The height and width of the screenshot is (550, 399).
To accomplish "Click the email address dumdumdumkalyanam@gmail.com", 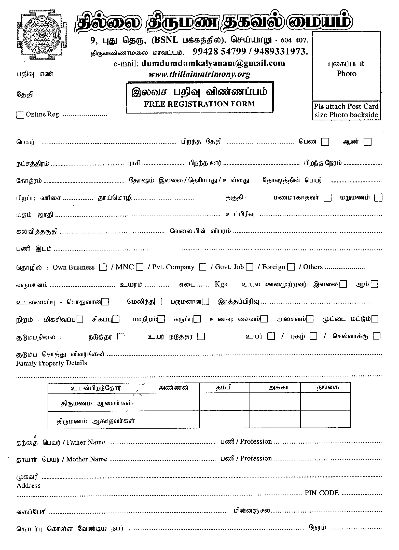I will pos(213,63).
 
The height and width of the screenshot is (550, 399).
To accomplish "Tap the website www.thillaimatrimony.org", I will pos(199,74).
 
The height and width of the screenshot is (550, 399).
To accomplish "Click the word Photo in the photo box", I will pos(346,74).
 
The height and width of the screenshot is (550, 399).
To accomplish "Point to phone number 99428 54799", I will pos(219,52).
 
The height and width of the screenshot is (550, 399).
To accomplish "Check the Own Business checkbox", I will pos(103,267).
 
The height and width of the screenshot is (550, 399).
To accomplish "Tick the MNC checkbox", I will pos(140,267).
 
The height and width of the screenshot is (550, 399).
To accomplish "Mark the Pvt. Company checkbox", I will pos(203,267).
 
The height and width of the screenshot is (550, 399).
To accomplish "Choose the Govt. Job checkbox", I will pos(250,267).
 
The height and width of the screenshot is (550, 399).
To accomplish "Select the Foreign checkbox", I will pos(291,267).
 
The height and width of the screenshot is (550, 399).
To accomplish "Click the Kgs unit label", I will pos(221,284).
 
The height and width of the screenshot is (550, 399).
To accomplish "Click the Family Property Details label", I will pos(51,363).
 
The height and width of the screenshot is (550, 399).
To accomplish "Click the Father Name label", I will pos(86,442).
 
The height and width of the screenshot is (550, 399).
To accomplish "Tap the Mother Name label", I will pos(87,459).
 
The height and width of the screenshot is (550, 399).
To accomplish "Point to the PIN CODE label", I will pos(322,493).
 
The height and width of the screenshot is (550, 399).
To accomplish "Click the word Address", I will pos(29,486).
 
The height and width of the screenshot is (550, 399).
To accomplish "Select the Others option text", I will pos(313,267).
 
